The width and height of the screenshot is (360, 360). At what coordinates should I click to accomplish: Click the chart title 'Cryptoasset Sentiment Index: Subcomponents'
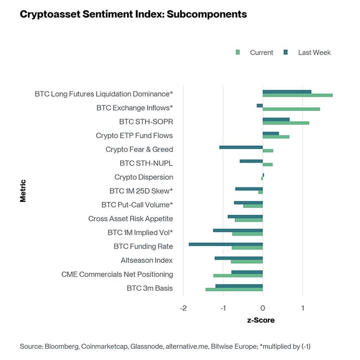pyautogui.click(x=133, y=14)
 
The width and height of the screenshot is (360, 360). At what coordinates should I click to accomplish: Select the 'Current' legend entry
pyautogui.click(x=261, y=53)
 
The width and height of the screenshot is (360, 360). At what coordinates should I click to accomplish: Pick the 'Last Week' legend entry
pyautogui.click(x=314, y=53)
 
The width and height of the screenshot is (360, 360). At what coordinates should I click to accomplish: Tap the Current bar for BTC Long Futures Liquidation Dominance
pyautogui.click(x=298, y=95)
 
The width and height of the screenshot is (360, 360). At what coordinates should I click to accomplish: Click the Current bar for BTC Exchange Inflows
pyautogui.click(x=291, y=109)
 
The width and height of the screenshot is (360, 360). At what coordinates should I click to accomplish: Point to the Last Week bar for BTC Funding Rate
pyautogui.click(x=226, y=244)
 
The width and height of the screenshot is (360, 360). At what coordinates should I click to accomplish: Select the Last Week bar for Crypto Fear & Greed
pyautogui.click(x=241, y=147)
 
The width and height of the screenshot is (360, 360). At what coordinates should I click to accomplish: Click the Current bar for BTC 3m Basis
pyautogui.click(x=234, y=290)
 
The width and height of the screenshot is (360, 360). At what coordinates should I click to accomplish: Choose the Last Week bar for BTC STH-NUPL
pyautogui.click(x=251, y=161)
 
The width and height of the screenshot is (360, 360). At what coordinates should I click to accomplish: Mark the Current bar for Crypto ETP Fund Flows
pyautogui.click(x=276, y=137)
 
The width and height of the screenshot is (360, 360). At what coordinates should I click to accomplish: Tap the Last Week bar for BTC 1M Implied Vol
pyautogui.click(x=238, y=230)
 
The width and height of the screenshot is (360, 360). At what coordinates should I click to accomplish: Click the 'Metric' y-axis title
pyautogui.click(x=23, y=190)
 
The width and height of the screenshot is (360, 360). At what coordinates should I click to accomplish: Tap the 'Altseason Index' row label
pyautogui.click(x=146, y=261)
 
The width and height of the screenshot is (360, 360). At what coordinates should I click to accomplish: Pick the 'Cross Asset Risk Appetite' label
pyautogui.click(x=130, y=219)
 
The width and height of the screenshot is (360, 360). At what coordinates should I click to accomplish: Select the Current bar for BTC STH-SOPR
pyautogui.click(x=286, y=123)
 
